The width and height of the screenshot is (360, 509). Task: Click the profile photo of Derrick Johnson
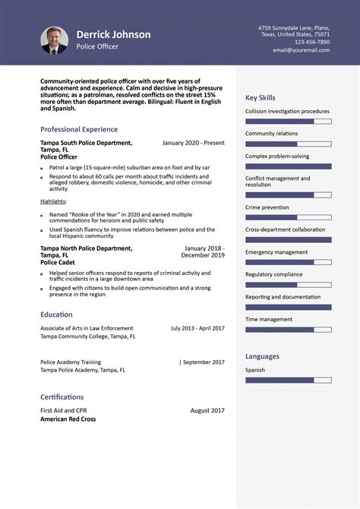[55, 40]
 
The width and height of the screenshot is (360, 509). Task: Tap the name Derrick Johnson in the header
[113, 34]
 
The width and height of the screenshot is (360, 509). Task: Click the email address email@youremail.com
[302, 50]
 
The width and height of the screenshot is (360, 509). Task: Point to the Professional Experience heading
[79, 129]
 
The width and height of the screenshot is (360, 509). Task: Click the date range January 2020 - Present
[193, 143]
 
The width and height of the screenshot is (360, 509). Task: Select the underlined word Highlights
[53, 201]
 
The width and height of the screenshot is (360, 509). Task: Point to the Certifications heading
[62, 397]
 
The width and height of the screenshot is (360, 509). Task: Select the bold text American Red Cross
[68, 419]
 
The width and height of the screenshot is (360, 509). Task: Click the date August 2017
[207, 410]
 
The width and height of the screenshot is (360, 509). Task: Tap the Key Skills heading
[261, 98]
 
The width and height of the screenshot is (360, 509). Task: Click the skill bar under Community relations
[288, 144]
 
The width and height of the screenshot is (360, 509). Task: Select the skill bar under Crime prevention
[288, 217]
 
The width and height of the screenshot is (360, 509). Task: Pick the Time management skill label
[269, 320]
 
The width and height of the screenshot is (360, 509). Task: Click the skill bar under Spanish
[288, 380]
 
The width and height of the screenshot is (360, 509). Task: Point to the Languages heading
[262, 356]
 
